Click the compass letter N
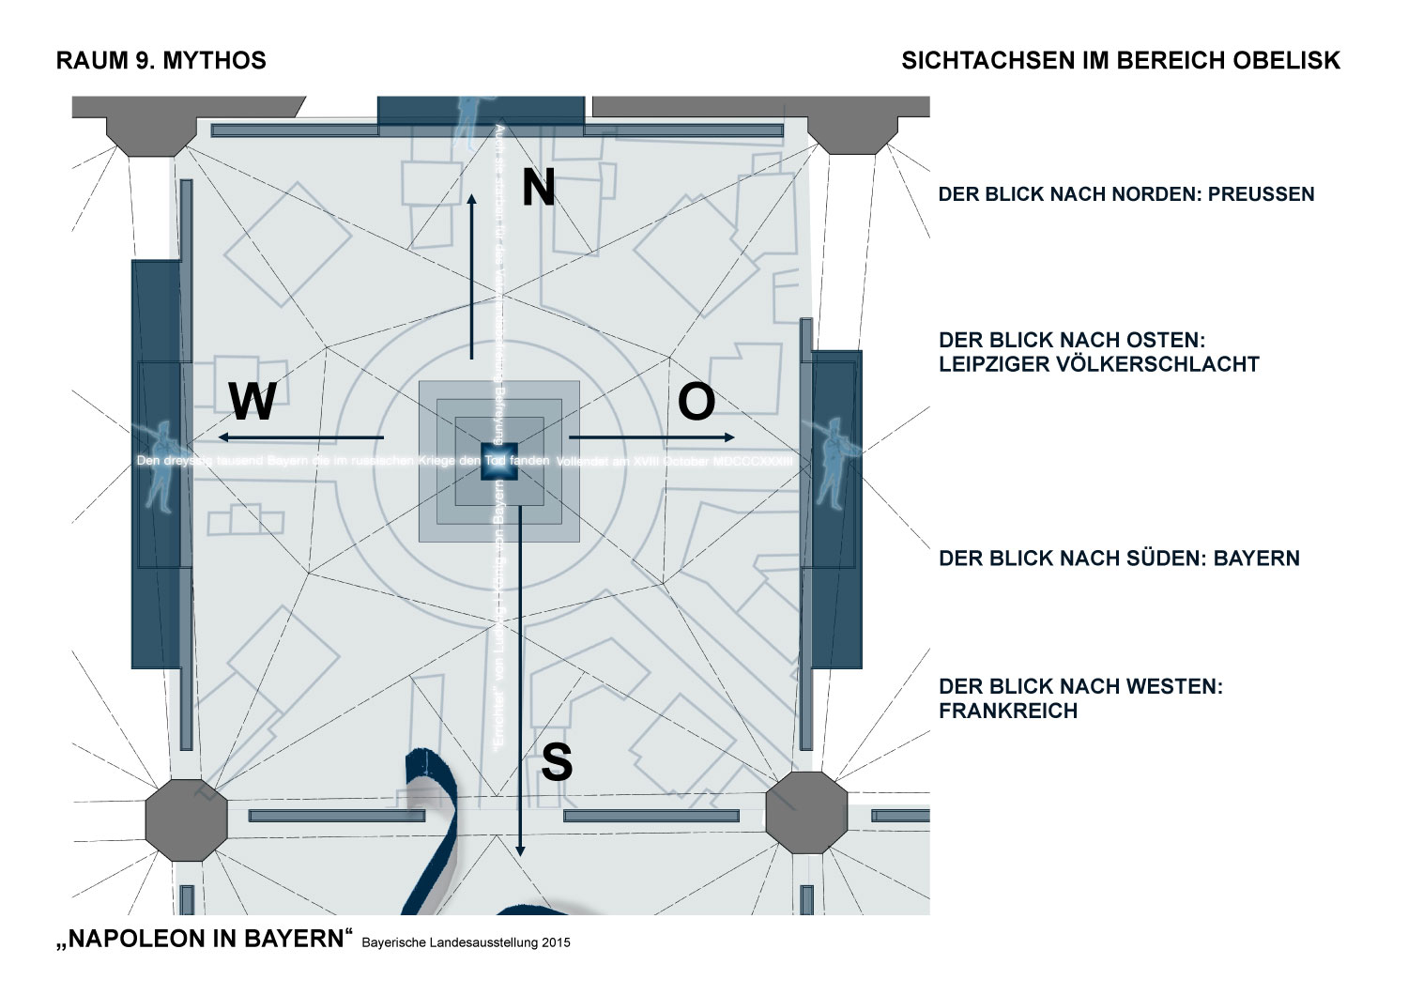click(539, 188)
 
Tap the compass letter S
click(557, 762)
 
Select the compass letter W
click(253, 403)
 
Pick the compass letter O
click(696, 403)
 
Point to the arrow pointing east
click(652, 437)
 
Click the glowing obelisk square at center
click(499, 462)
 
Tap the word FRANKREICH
click(1007, 712)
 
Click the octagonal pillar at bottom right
click(806, 813)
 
